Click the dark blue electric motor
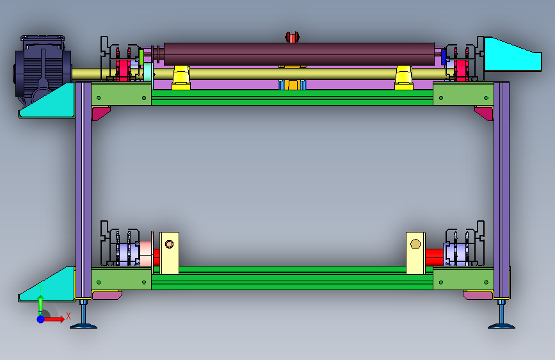point(42,69)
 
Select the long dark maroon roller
point(299,54)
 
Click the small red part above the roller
point(292,37)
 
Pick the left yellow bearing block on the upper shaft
point(181,78)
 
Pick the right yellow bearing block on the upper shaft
point(404,78)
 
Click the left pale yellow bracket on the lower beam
point(169,253)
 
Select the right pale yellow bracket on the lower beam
point(415,253)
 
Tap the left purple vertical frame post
point(83,190)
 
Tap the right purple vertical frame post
point(502,190)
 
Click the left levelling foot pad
point(83,326)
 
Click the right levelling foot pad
point(502,326)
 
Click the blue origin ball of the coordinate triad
point(41,319)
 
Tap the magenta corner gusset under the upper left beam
point(99,113)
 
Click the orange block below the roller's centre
point(293,85)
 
